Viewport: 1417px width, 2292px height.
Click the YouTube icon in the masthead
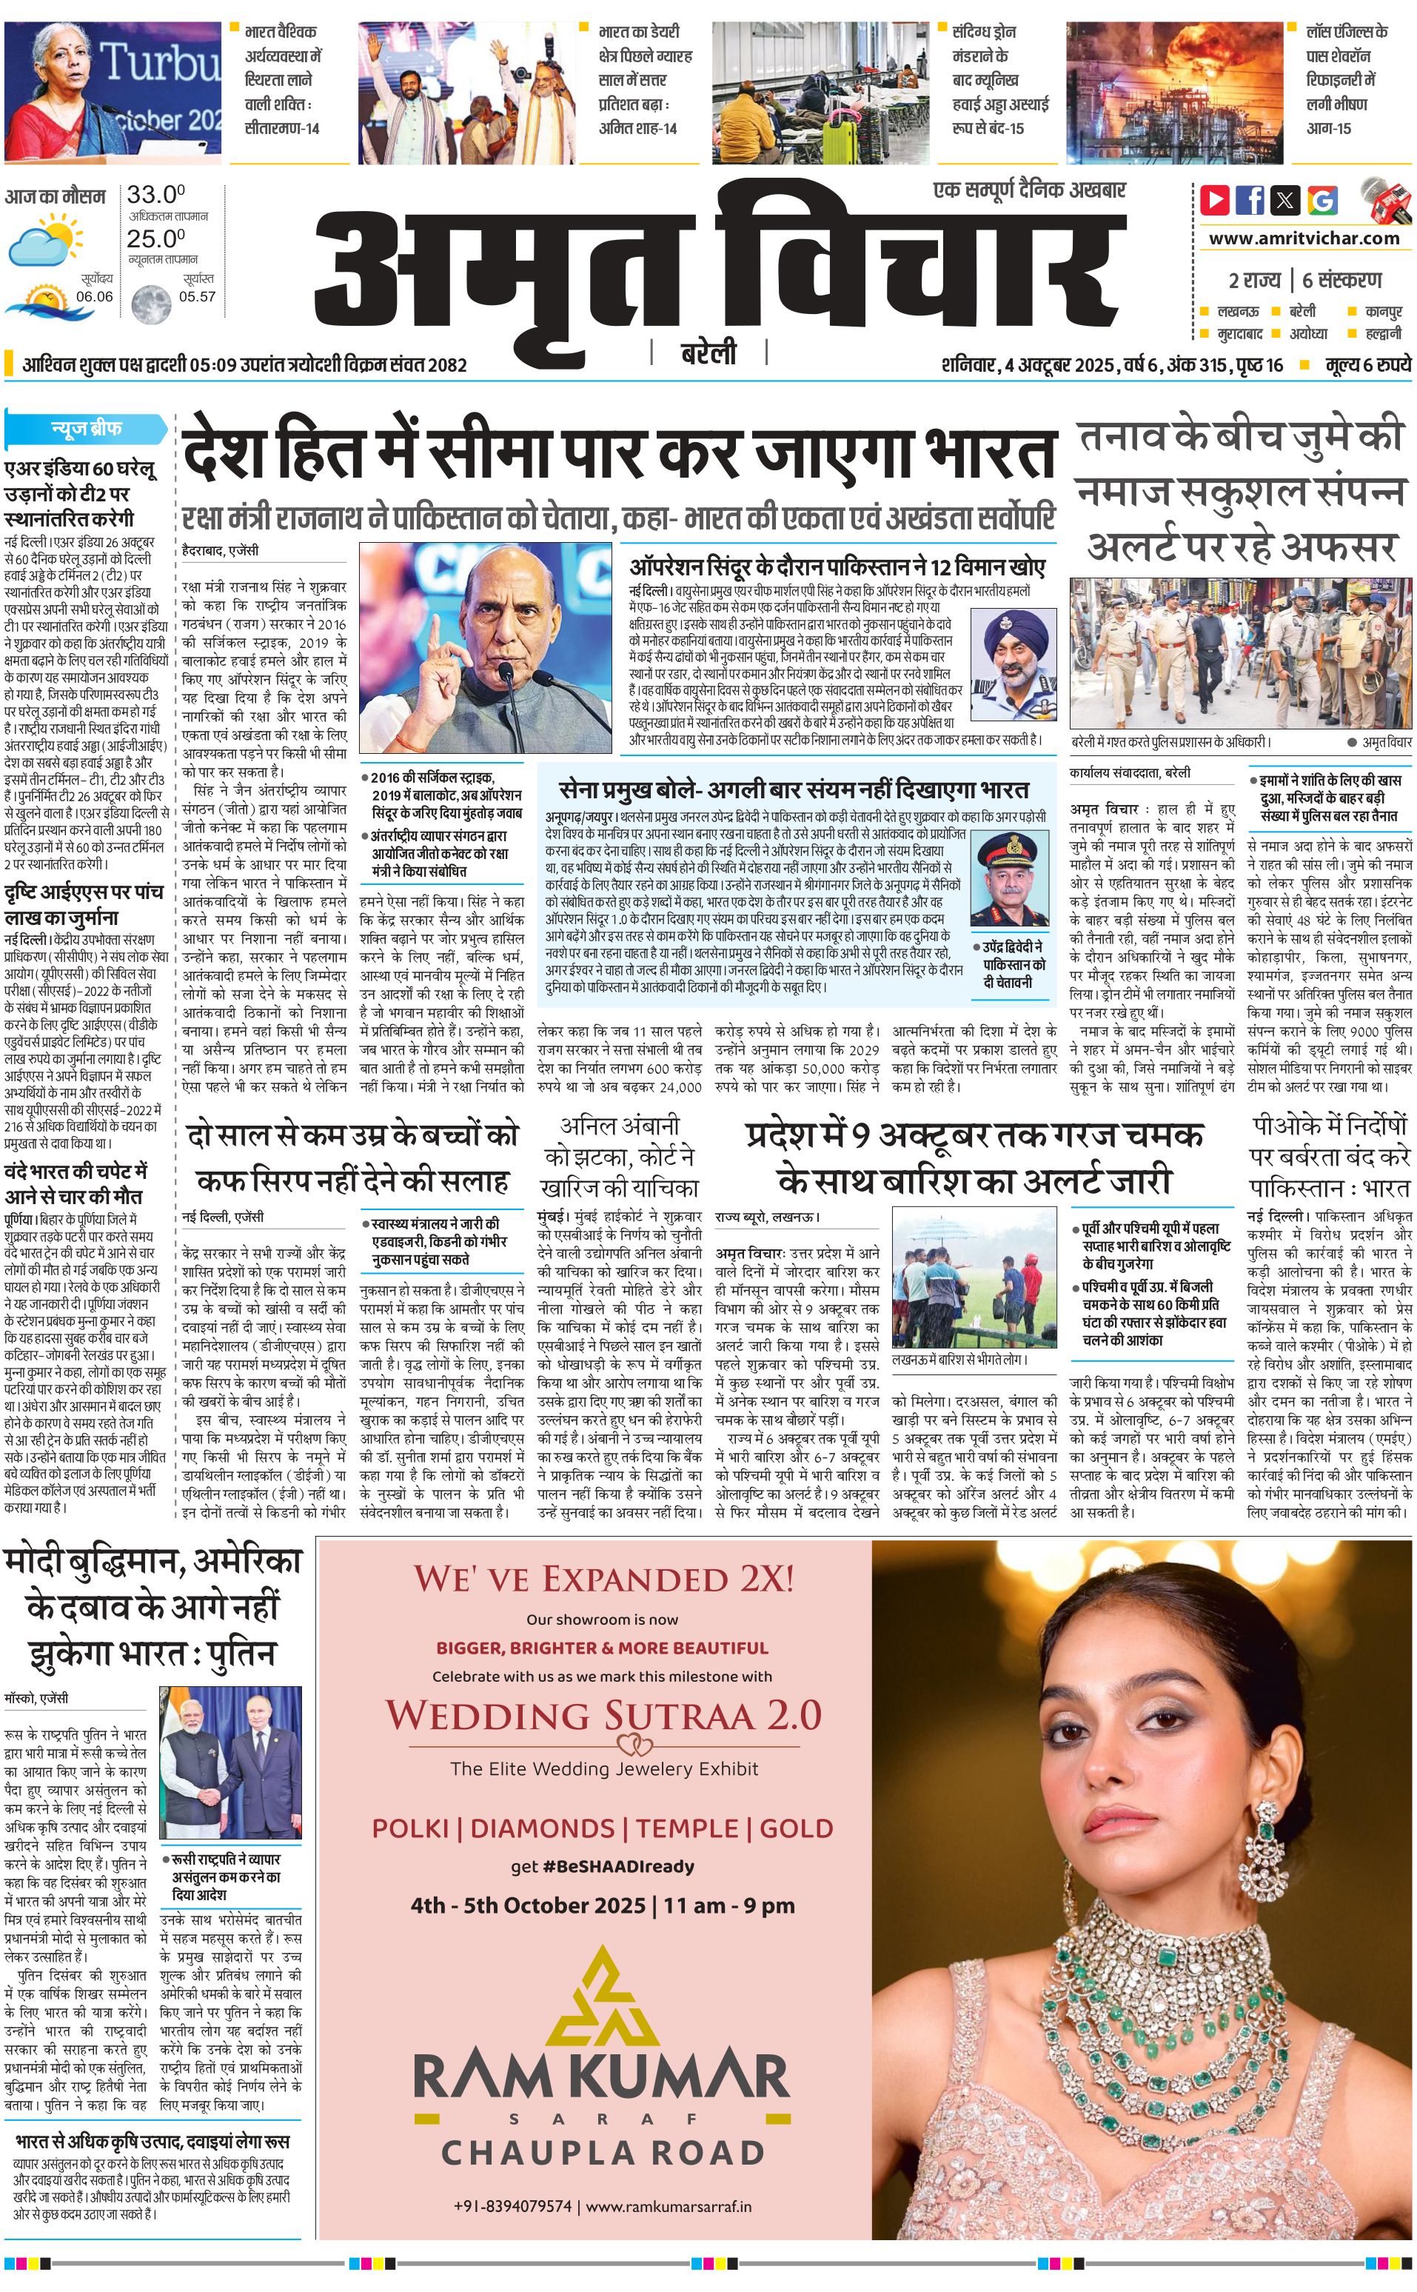(1215, 200)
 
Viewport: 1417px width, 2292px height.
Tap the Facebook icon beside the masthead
(1249, 200)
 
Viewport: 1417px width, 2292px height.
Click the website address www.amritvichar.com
(1304, 238)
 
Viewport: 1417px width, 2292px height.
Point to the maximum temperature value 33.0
(155, 195)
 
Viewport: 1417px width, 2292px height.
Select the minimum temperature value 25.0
(155, 239)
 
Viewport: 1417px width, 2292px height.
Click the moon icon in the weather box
(148, 304)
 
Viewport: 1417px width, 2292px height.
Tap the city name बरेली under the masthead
(708, 353)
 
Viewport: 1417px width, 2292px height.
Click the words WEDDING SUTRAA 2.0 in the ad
(603, 1716)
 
